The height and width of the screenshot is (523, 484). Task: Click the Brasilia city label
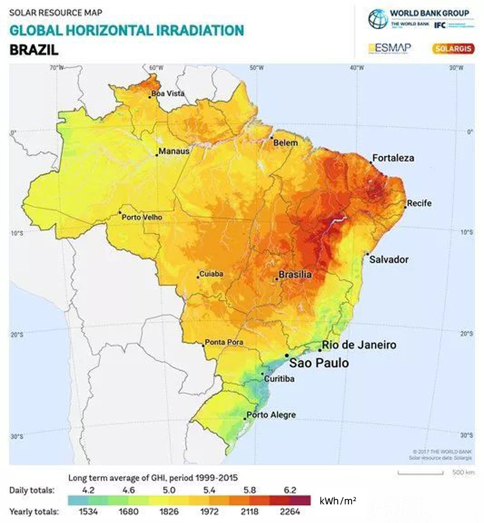(x=296, y=275)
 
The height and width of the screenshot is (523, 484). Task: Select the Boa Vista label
(x=168, y=94)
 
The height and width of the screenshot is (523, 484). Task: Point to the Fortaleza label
(x=393, y=158)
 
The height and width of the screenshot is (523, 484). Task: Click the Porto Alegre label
(x=272, y=415)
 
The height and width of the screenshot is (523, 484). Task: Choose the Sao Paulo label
(x=318, y=363)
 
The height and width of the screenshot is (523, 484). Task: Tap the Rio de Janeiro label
(x=359, y=345)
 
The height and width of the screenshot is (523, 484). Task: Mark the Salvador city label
(x=388, y=259)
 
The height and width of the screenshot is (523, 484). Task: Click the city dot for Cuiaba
(x=198, y=278)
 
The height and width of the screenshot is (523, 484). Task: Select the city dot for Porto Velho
(x=120, y=212)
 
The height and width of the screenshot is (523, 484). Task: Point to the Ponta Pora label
(x=224, y=342)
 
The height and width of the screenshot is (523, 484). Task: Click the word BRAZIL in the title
(x=34, y=49)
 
